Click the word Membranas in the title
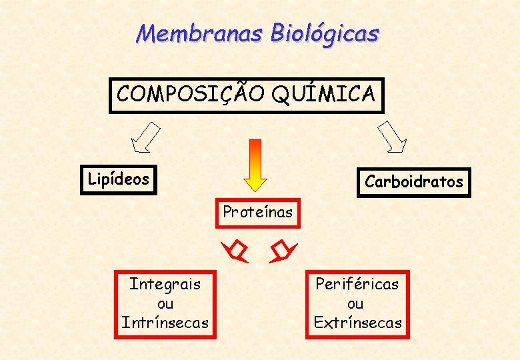tap(200, 33)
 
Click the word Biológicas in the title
tap(325, 33)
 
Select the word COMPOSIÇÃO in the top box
tap(189, 94)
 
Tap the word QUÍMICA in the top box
tap(323, 94)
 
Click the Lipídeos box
tap(119, 179)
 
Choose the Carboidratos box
tap(413, 182)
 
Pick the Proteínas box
tap(257, 213)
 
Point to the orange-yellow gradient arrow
tap(255, 165)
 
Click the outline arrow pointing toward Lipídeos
tap(146, 137)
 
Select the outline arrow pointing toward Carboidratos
tap(392, 137)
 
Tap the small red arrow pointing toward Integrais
tap(238, 253)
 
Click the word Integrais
tap(165, 285)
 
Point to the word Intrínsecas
tap(165, 323)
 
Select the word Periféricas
tap(357, 285)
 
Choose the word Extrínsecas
tap(357, 323)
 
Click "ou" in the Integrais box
tap(165, 304)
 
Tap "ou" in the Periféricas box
tap(356, 304)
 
